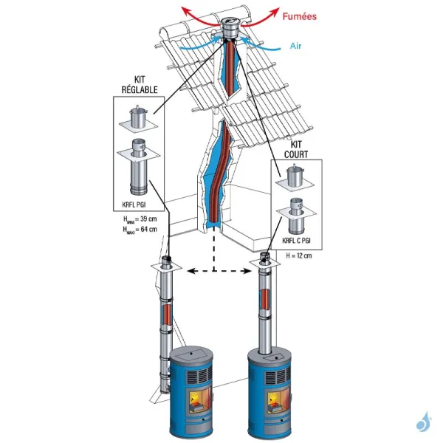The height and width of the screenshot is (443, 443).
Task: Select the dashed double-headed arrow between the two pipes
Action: click(x=215, y=272)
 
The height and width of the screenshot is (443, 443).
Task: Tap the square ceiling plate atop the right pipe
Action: click(x=265, y=262)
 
